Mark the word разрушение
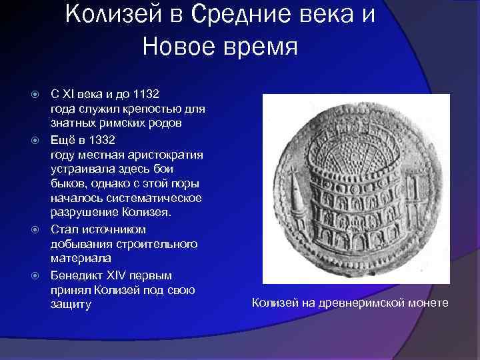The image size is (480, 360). coord(83,213)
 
